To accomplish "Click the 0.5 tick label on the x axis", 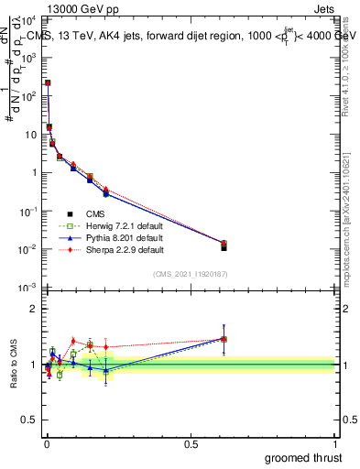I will (x=191, y=444).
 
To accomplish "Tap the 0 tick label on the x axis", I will (x=47, y=444).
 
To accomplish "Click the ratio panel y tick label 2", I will (x=33, y=310).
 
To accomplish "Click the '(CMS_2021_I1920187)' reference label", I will (x=191, y=274).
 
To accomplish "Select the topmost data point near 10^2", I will (x=48, y=82).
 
